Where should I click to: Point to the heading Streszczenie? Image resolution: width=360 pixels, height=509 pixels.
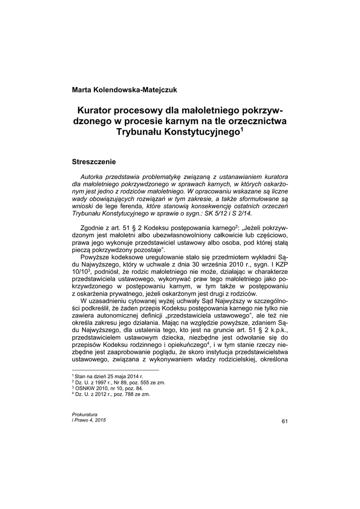[94, 162]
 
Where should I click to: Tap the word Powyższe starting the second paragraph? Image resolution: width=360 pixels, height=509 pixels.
[96, 258]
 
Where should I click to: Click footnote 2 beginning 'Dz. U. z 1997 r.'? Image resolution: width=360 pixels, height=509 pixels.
[120, 383]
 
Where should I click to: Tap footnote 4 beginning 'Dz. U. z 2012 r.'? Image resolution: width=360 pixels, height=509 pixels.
[112, 394]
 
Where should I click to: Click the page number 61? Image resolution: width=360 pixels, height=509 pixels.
[284, 422]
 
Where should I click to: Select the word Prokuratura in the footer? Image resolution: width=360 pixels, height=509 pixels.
[85, 414]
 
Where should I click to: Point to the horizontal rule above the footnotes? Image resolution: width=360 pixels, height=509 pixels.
[115, 370]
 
